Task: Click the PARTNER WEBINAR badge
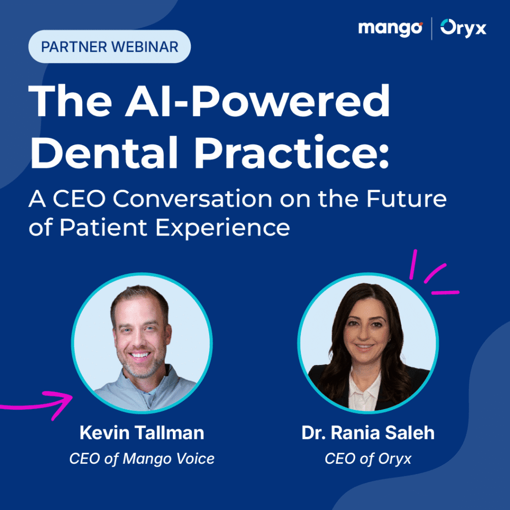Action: tap(109, 47)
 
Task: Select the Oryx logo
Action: tap(463, 28)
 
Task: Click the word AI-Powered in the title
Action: tap(266, 102)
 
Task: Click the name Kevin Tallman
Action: tap(141, 433)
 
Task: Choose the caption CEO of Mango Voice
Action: tap(141, 458)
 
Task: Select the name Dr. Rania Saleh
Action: tap(368, 433)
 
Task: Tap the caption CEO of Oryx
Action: tap(368, 458)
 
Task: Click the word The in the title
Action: tap(65, 102)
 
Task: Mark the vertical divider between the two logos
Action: tap(432, 28)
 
